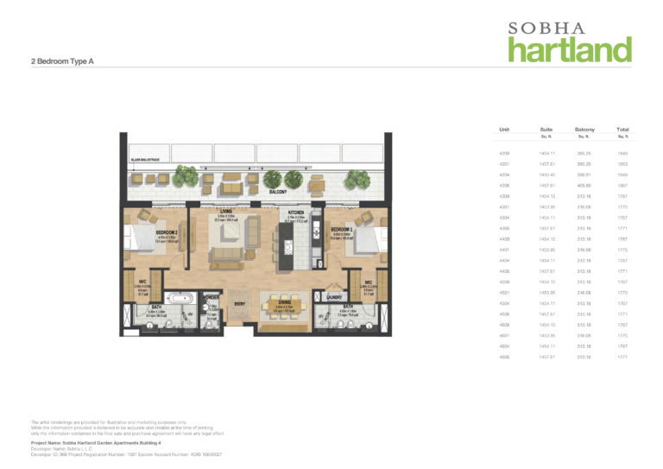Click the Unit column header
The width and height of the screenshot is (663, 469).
pyautogui.click(x=504, y=130)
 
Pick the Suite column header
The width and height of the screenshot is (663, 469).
pyautogui.click(x=546, y=130)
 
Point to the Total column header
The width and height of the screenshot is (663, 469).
pyautogui.click(x=622, y=130)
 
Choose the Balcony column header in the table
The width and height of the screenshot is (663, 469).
pyautogui.click(x=584, y=130)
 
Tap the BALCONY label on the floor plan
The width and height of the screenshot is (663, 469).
pyautogui.click(x=277, y=192)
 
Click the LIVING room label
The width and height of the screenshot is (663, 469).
pyautogui.click(x=226, y=211)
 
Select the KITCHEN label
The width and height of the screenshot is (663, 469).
pyautogui.click(x=296, y=212)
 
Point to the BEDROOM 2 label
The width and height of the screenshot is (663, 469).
pyautogui.click(x=167, y=232)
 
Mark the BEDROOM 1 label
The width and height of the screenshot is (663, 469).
pyautogui.click(x=342, y=231)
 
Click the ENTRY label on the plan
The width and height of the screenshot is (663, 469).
pyautogui.click(x=239, y=303)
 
